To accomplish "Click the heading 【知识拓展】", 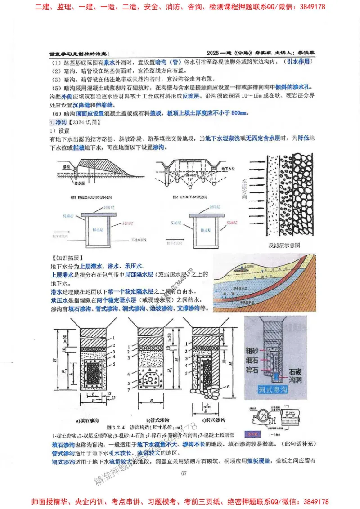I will (x=68, y=259).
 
